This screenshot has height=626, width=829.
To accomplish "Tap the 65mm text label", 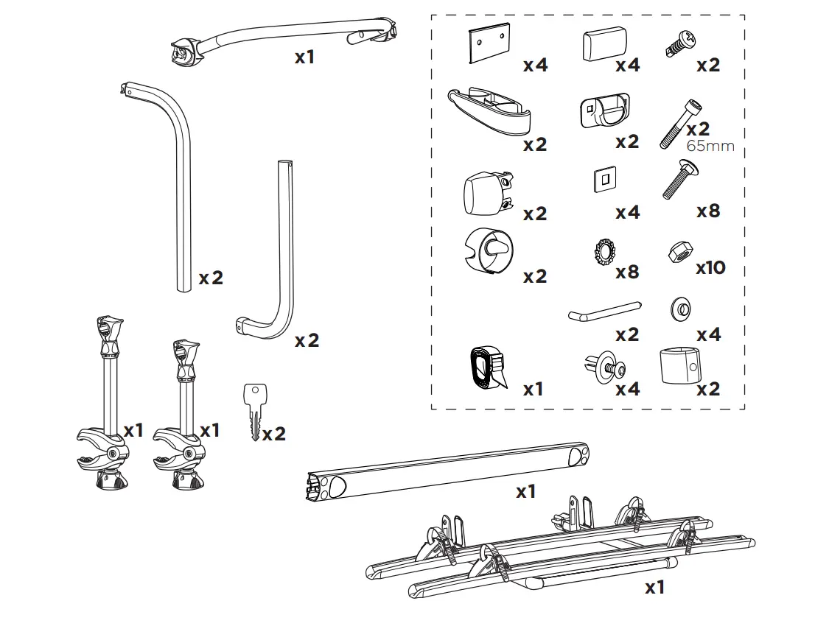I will click(x=710, y=146).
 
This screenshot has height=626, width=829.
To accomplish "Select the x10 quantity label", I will click(x=710, y=267).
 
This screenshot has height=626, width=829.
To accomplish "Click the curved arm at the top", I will click(x=287, y=41).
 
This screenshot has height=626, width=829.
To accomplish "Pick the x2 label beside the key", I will click(x=273, y=434).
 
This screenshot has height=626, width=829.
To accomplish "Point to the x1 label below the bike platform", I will click(x=654, y=587).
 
